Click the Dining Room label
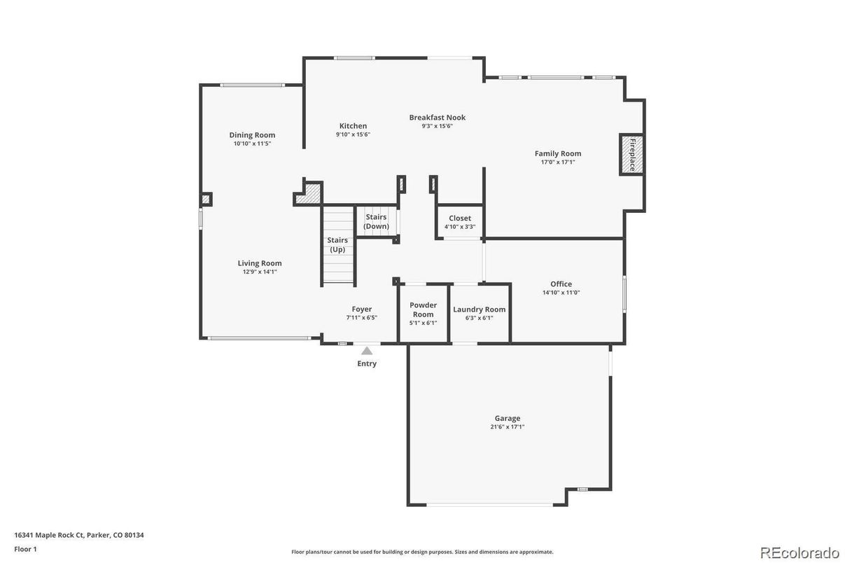[252, 135]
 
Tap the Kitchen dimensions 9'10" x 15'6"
[353, 134]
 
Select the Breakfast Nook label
[437, 118]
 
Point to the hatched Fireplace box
[631, 154]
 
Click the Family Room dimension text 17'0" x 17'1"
[557, 162]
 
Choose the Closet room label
[460, 218]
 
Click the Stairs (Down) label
[377, 221]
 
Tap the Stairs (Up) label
[337, 244]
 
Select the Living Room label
[260, 263]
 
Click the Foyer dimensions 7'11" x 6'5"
[361, 317]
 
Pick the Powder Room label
[423, 310]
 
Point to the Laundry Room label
[479, 310]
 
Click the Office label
[561, 284]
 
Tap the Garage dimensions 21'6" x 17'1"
[507, 426]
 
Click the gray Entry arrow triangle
[367, 350]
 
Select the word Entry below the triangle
[367, 363]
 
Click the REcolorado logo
[799, 552]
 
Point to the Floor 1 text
[25, 549]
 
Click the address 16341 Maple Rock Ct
[49, 535]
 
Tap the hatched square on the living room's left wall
[205, 200]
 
